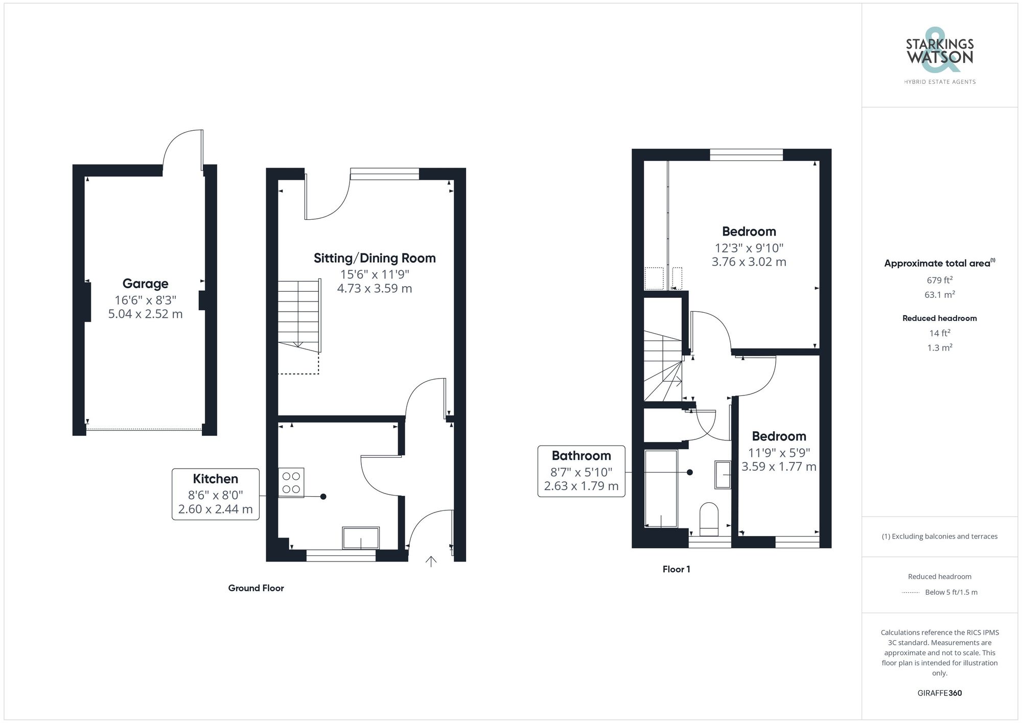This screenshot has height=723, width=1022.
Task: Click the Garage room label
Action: pos(145,284)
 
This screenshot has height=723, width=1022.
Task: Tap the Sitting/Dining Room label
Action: pos(375,258)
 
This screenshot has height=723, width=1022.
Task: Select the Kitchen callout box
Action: pos(215,494)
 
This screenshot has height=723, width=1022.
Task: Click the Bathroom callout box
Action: pos(581,471)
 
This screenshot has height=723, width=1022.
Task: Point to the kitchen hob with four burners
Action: pos(291,482)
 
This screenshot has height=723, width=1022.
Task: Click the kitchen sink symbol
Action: pos(361,538)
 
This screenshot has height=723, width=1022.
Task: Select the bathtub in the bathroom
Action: pos(661,488)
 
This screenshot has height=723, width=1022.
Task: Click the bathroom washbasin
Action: pos(723,475)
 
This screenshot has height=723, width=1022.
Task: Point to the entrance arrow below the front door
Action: pos(431,562)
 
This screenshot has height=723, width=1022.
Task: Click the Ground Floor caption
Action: pos(256,588)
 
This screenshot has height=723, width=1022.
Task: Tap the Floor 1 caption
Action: pos(676,569)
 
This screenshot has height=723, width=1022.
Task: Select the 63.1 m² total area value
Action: pos(940,295)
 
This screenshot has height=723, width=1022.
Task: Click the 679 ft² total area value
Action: pos(940,280)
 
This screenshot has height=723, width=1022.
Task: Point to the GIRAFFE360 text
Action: pos(939,693)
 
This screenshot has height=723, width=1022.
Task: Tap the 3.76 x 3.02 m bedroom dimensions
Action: pos(749,262)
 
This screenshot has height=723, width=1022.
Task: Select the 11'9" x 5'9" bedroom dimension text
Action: pos(779,453)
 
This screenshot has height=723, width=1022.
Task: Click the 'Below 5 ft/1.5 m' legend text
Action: pos(951,592)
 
